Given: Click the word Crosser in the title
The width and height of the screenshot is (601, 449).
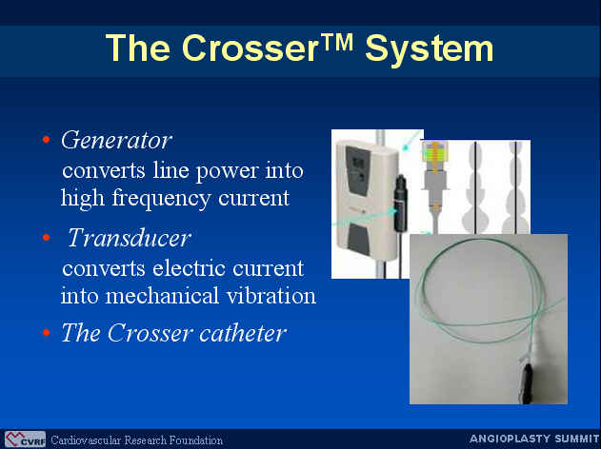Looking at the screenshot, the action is (250, 48).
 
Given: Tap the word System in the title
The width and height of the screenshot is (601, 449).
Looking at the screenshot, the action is (430, 49).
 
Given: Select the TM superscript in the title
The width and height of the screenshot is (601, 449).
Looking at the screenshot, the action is (336, 42).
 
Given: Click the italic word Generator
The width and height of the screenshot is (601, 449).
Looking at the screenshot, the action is (116, 140).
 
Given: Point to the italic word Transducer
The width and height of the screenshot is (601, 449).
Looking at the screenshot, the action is (130, 238).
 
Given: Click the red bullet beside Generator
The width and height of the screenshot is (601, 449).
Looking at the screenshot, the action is (47, 139).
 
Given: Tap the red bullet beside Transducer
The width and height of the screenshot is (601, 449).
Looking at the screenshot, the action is (47, 237).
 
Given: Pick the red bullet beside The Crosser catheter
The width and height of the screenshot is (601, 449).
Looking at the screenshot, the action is (47, 332).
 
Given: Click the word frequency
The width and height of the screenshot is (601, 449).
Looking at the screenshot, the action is (161, 199).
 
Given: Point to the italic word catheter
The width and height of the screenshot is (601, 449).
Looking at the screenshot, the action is (243, 333).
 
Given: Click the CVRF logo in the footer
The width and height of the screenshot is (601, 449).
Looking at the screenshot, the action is (25, 439).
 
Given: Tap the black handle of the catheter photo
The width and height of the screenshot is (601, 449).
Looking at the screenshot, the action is (528, 382).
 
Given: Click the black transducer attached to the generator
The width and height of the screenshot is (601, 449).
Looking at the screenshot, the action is (401, 203).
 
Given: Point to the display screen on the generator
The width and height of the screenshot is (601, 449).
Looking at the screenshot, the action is (358, 163).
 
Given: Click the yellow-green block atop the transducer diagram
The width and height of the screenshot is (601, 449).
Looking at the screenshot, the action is (434, 153).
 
